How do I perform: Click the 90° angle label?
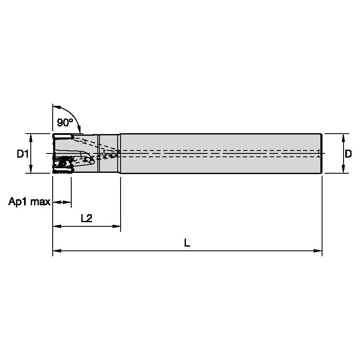tap(64, 123)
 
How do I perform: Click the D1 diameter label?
tap(22, 154)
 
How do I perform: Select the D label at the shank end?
tap(348, 154)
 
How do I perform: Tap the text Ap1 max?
tap(29, 202)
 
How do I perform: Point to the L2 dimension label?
tap(86, 218)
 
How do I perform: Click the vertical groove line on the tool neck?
tap(99, 153)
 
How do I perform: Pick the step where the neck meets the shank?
tap(120, 153)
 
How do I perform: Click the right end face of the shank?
tap(322, 153)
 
